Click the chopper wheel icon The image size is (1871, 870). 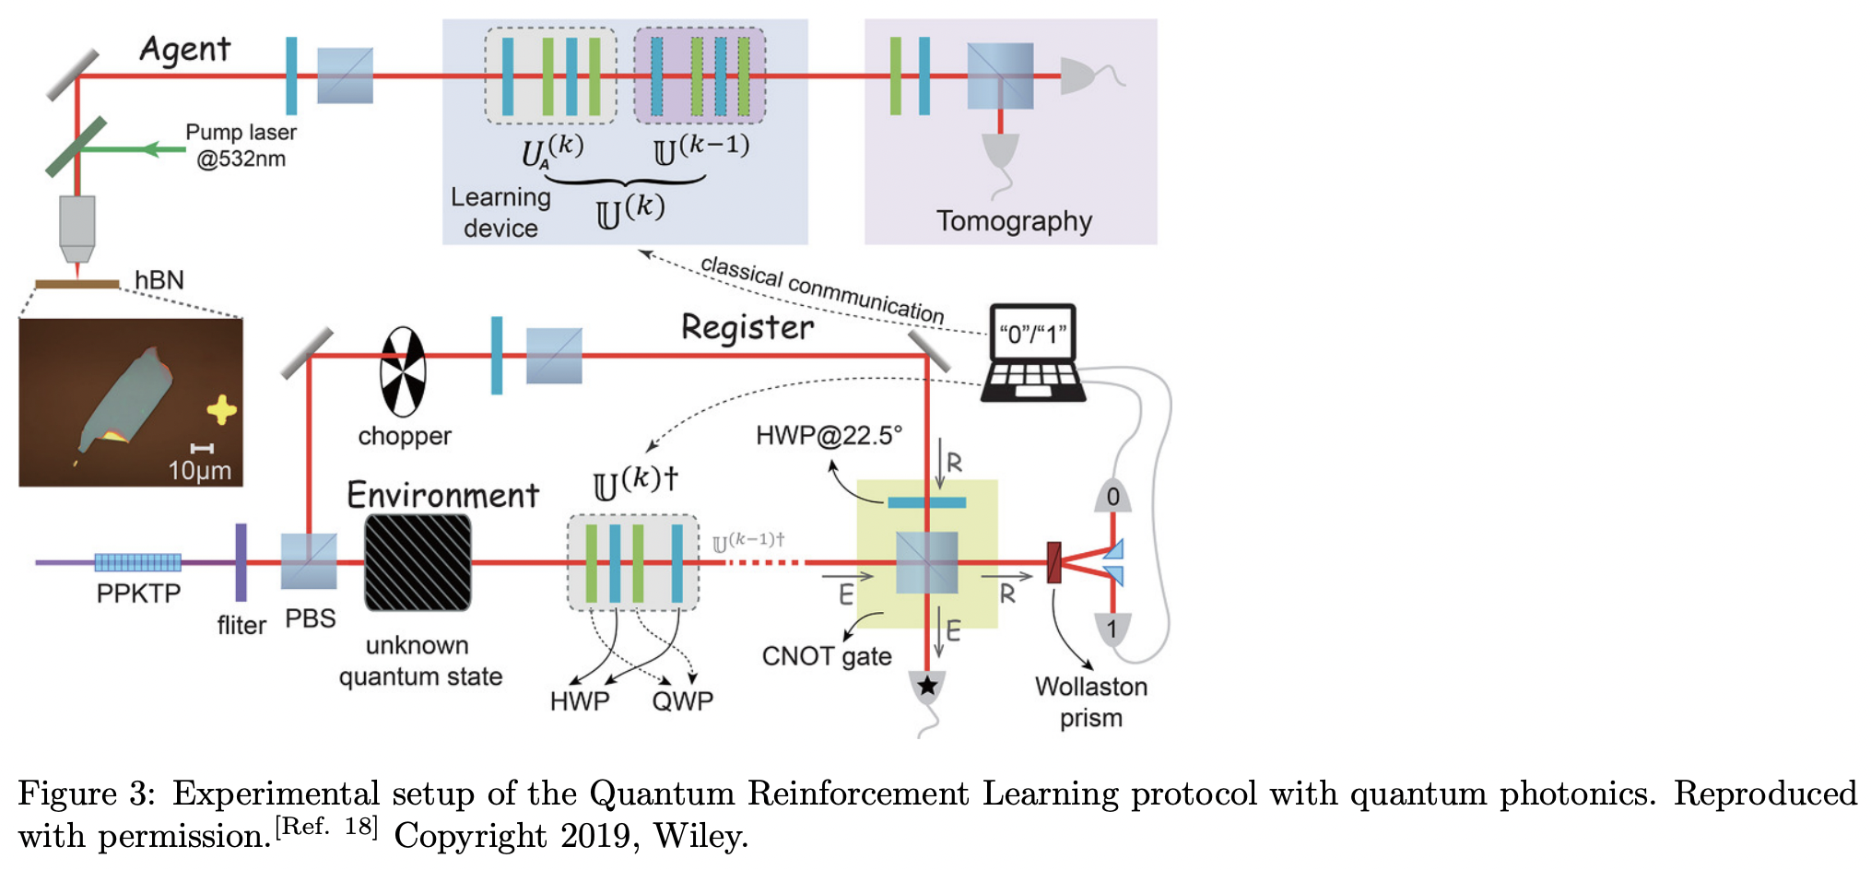click(403, 372)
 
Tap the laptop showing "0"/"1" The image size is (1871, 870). click(1033, 353)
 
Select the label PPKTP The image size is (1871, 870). click(138, 593)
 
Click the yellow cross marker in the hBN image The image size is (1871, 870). click(221, 409)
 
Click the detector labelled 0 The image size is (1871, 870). click(1112, 497)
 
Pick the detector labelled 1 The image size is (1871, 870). click(1112, 629)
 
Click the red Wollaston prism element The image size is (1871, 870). click(1054, 562)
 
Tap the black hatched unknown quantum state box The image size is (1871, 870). click(418, 562)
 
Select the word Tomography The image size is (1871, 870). click(1014, 221)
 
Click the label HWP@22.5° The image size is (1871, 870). click(829, 435)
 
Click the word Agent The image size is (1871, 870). click(184, 49)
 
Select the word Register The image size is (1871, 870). click(747, 327)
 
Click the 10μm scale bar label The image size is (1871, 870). click(199, 470)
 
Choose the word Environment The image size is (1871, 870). click(442, 496)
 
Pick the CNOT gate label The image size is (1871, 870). click(826, 656)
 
